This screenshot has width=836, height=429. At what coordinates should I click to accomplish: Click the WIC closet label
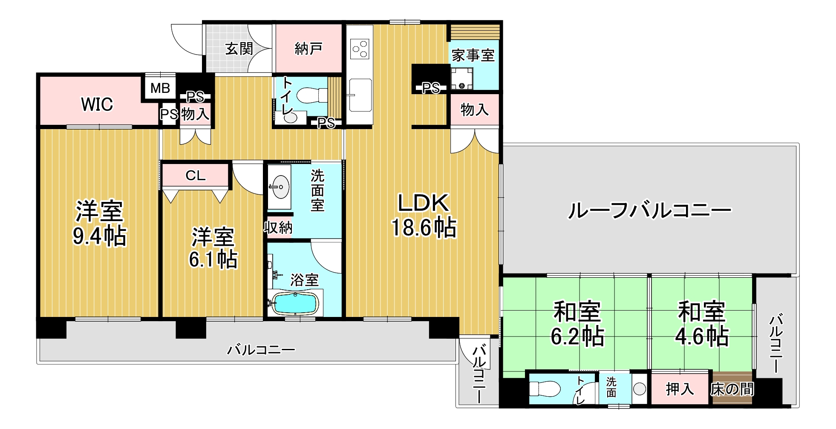pos(97,104)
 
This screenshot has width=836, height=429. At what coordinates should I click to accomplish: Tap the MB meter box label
pos(160,88)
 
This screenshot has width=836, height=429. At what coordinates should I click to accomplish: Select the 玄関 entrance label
pos(239,49)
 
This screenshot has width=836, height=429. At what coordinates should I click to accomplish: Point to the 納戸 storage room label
pos(308,49)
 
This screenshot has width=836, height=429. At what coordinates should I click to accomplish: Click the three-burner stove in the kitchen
pos(359,48)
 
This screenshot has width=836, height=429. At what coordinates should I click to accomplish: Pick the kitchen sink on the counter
pos(359,95)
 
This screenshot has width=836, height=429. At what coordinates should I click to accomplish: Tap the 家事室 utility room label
pos(473,55)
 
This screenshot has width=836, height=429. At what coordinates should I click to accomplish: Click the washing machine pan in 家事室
pos(462,79)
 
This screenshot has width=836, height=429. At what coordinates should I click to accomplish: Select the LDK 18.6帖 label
pos(424,215)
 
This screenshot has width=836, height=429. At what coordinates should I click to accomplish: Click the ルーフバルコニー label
pos(650,210)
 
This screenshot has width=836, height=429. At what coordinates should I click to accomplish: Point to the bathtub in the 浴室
pos(295,304)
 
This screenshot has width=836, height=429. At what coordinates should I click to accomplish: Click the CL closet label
pos(196,176)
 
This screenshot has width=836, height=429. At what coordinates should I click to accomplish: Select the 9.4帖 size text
pos(100,236)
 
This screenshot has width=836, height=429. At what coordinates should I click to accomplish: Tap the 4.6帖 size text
pos(701,336)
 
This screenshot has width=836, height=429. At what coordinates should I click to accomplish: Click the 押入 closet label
pos(680,389)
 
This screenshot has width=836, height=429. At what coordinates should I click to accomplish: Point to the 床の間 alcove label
pos(732,389)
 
